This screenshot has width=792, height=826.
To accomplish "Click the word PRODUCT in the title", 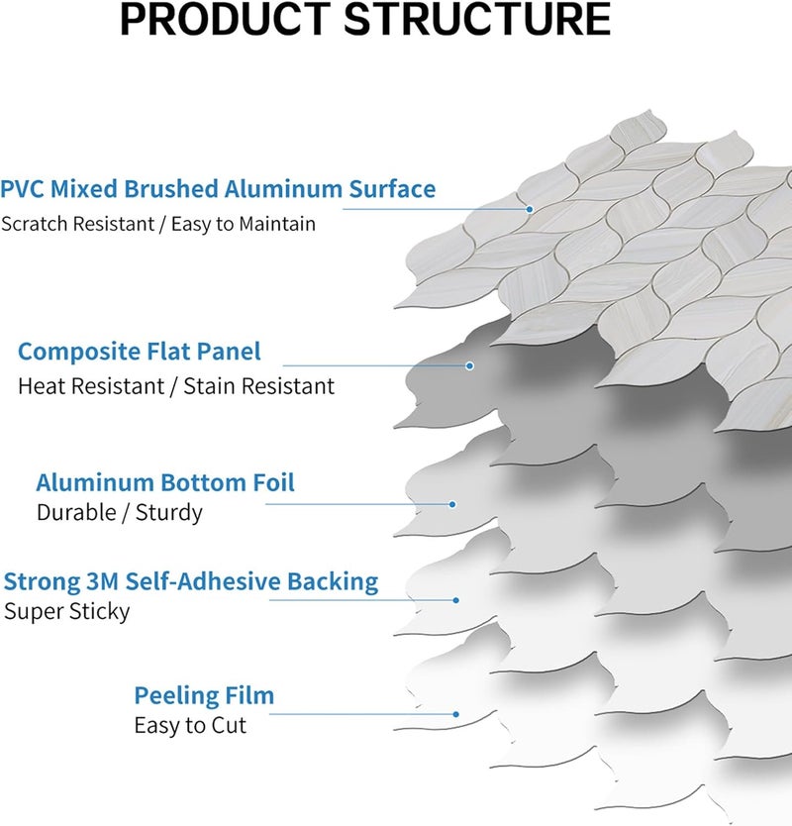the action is pos(226,20).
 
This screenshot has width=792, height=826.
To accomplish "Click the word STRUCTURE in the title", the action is pos(477,20).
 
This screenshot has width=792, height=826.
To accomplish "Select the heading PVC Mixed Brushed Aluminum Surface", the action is pos(218,188).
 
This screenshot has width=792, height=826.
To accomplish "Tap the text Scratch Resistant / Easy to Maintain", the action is pos(158,224).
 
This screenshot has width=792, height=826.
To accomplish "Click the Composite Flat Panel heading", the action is pos(140,352).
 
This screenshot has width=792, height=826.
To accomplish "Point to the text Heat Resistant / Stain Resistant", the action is pos(176,386).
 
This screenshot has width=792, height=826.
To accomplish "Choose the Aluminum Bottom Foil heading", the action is pos(165,482).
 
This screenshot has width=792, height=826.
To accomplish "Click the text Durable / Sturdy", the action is pos(120,513).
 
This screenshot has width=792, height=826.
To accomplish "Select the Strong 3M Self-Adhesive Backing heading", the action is pos(191,582).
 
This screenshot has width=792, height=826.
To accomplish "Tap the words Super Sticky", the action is pos(67,612).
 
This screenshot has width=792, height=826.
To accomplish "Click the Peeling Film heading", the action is pos(204,696).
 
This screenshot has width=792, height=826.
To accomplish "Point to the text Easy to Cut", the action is pos(190,725).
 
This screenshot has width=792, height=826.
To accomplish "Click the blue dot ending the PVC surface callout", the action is pos(530,209).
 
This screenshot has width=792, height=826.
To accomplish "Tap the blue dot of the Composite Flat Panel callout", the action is pos(469,365).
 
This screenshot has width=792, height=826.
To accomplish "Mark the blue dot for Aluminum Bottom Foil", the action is pos(452,504).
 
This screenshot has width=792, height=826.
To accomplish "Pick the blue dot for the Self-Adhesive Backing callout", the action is pos(456,600).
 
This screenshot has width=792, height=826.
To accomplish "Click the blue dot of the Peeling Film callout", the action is pos(456,714).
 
